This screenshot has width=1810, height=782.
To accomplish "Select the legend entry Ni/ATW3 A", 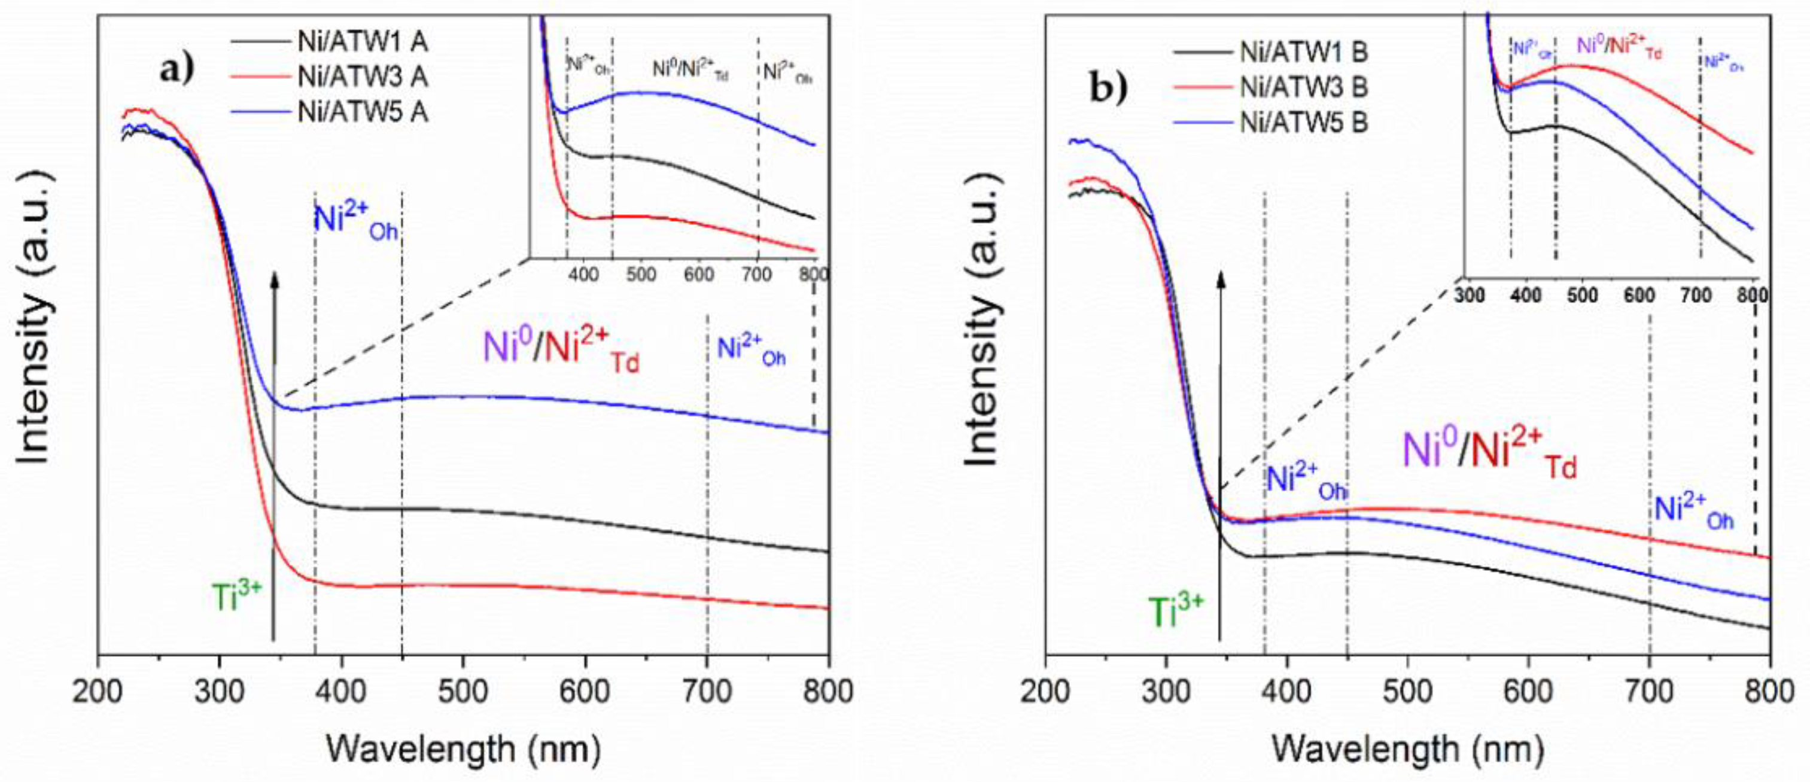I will tap(363, 77).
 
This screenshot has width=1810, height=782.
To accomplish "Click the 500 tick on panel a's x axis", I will tap(464, 692).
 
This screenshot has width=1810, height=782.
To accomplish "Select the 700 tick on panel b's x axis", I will tap(1649, 692).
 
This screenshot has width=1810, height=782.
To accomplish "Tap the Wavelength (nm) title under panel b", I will tap(1408, 749).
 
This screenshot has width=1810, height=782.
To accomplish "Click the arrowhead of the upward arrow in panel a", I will tap(275, 279).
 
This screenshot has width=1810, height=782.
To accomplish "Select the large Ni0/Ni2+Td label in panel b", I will tap(1490, 455).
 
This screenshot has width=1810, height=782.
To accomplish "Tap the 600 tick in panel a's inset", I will tap(698, 274).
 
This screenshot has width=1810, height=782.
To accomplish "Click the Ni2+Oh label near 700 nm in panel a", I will tap(751, 351).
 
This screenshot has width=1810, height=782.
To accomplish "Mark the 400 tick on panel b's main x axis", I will tap(1287, 692).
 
